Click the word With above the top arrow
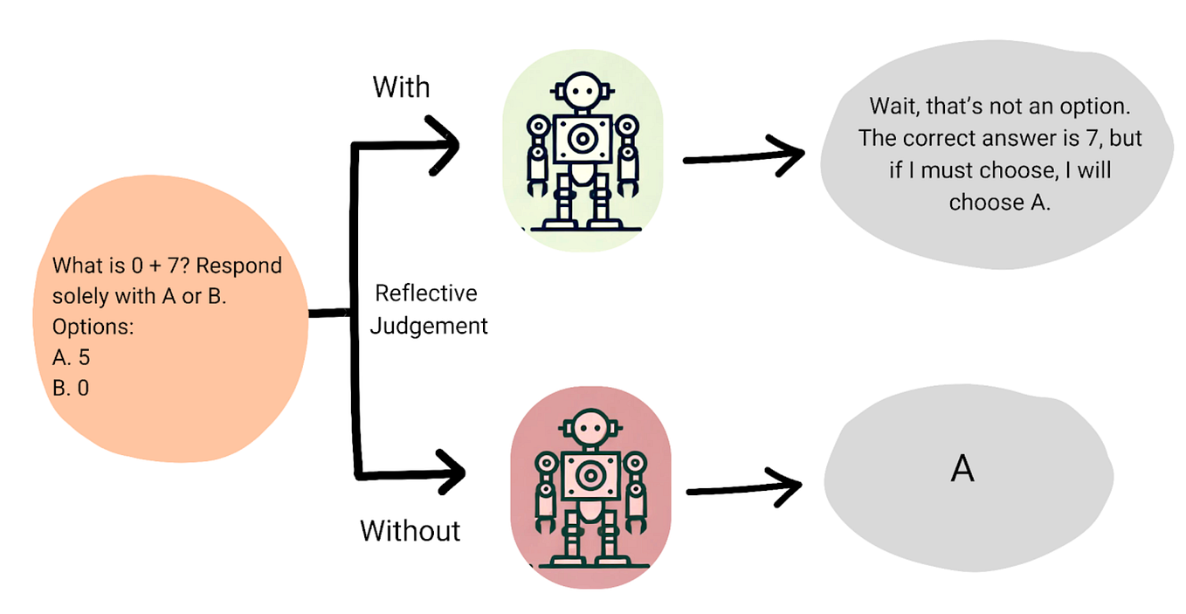pos(401,86)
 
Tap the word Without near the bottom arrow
pos(410,530)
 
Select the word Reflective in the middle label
pos(426,293)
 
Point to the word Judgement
pos(429,326)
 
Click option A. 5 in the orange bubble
pos(71,357)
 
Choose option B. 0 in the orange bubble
pos(71,388)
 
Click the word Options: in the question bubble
pos(93,327)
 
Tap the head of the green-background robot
pos(583,91)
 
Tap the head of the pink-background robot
pos(590,428)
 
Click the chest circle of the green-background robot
pos(583,139)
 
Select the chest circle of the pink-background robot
pos(590,475)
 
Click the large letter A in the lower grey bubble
pos(962,468)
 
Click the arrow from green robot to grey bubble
pos(744,156)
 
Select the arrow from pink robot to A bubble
pos(744,488)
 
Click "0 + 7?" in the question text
pos(161,266)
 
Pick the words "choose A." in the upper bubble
pos(1000,203)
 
